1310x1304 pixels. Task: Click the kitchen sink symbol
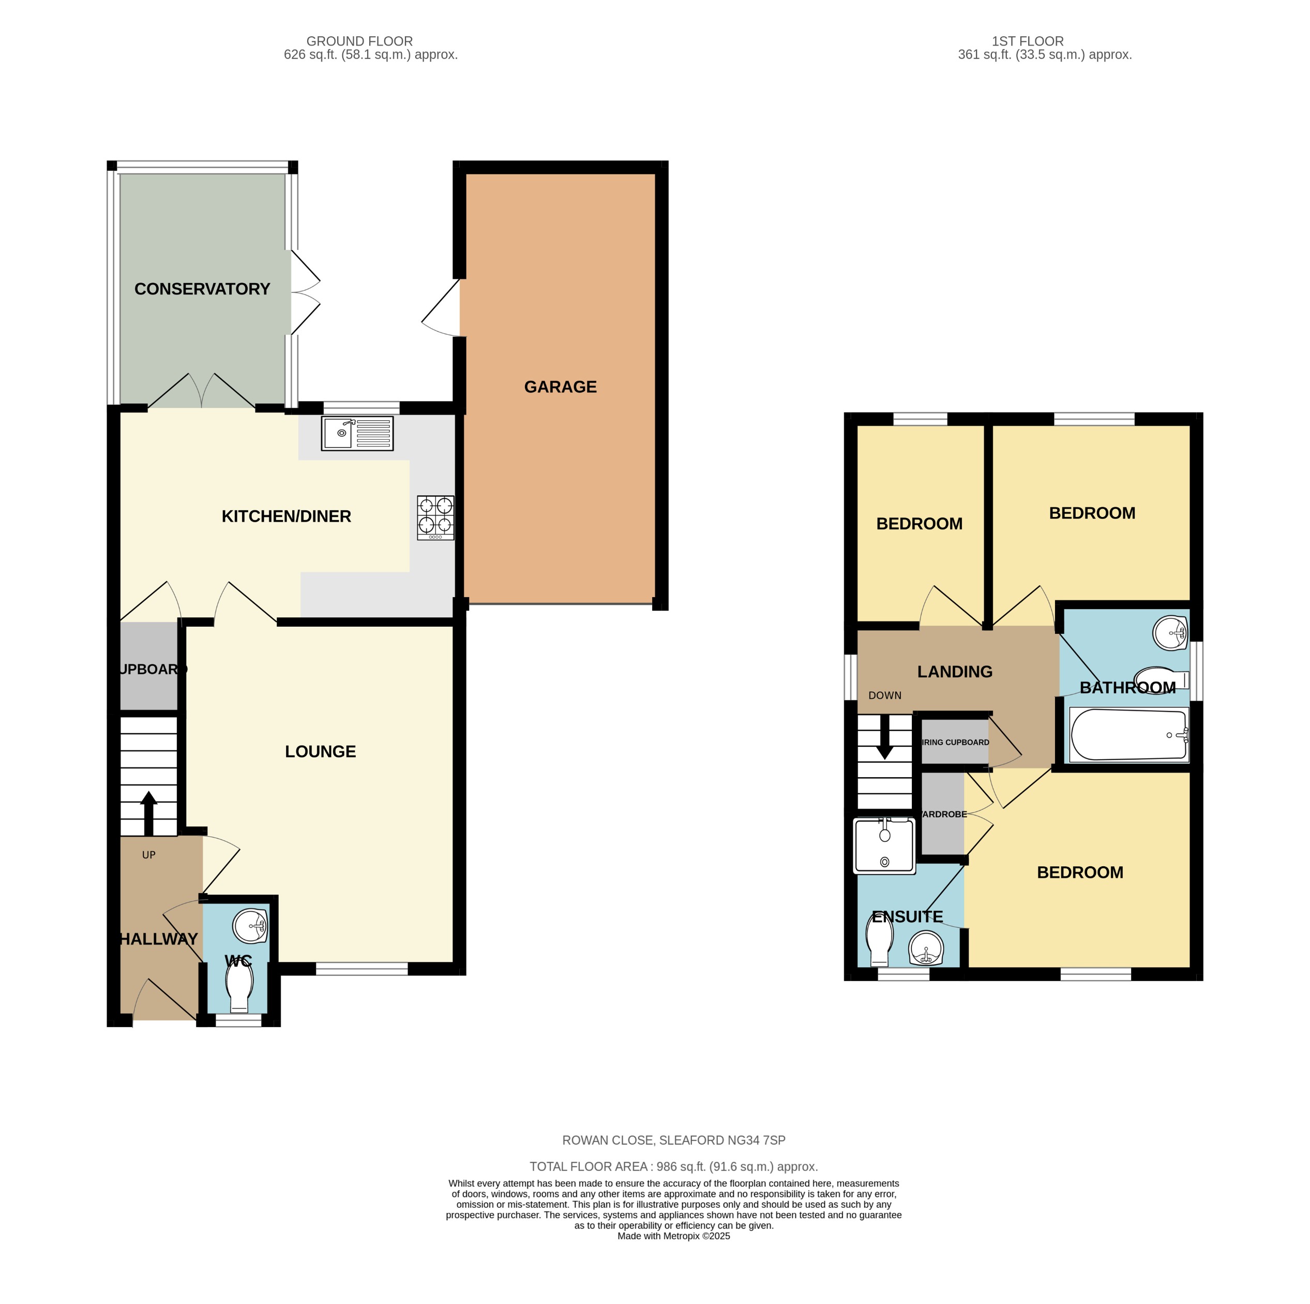[x=357, y=434]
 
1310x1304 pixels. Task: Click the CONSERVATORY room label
[x=202, y=289]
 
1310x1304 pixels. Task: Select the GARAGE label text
[x=560, y=387]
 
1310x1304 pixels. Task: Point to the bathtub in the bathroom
[x=1128, y=735]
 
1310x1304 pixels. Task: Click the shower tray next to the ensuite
[x=884, y=844]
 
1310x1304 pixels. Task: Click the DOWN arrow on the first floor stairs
[x=884, y=743]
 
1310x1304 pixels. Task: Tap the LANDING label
[x=955, y=672]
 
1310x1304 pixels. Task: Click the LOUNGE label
[x=320, y=751]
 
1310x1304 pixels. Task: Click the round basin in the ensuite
[x=926, y=948]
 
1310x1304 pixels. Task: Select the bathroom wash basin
[x=1170, y=632]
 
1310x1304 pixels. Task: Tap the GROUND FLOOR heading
[x=359, y=41]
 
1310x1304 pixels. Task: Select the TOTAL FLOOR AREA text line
[x=673, y=1166]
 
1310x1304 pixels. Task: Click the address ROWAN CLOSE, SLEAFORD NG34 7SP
[x=673, y=1140]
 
